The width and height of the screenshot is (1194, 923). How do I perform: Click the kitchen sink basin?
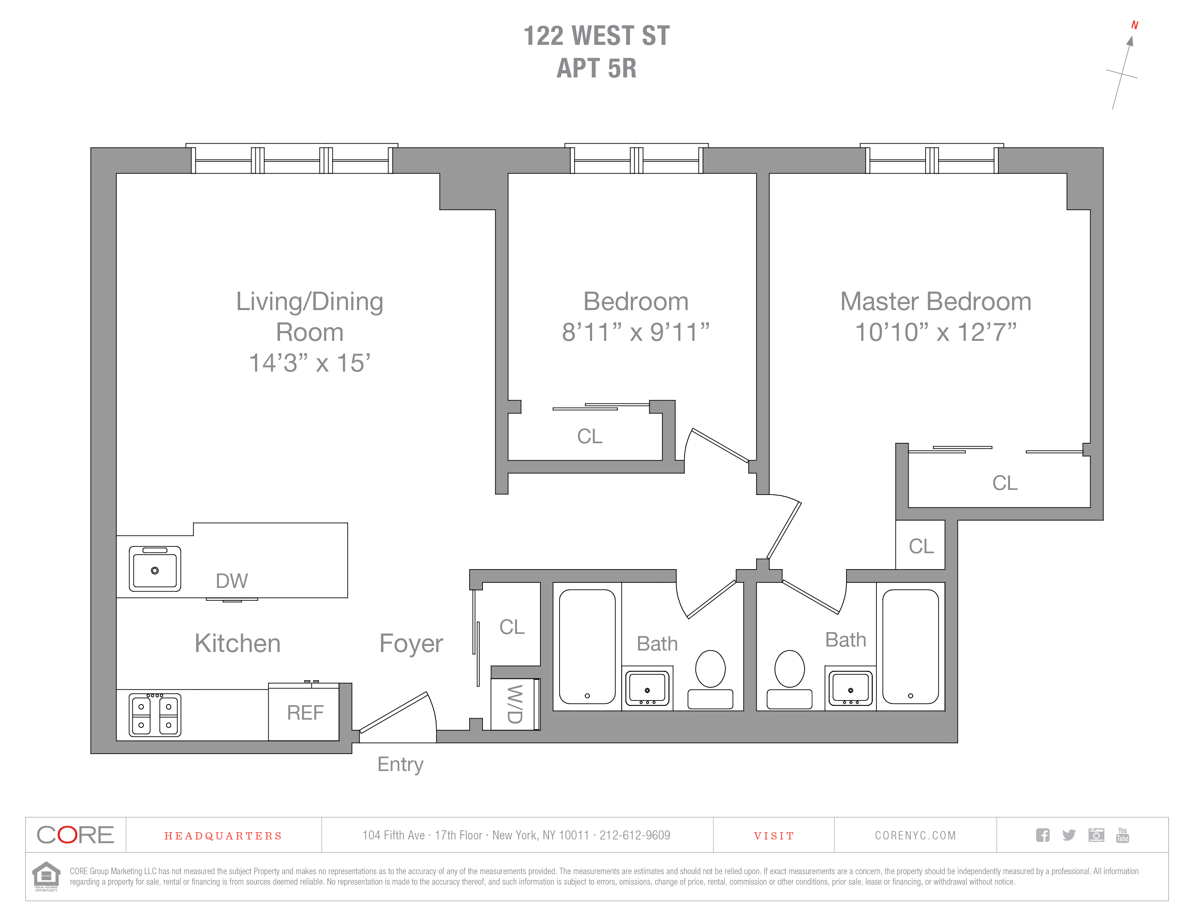155,570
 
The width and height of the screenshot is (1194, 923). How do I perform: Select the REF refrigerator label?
305,712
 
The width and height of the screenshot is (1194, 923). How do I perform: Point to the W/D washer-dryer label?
514,704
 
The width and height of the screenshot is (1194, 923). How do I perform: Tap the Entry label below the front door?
400,764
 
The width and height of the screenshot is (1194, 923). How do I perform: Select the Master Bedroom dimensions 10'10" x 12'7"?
935,332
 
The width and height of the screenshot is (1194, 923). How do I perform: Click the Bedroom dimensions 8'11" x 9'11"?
635,332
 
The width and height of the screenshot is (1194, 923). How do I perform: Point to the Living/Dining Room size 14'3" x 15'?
309,363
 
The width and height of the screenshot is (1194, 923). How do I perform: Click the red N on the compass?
1134,25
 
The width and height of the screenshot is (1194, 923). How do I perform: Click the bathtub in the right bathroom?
910,646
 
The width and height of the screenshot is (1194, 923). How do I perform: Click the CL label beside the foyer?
512,627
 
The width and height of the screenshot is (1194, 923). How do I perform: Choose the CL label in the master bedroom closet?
1005,483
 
